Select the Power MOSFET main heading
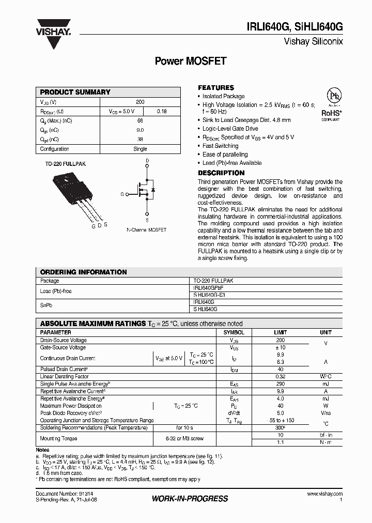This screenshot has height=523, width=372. click(x=191, y=61)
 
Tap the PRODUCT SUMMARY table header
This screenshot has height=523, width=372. click(x=75, y=92)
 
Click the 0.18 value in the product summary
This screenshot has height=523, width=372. click(x=161, y=111)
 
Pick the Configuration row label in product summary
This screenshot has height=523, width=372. click(x=55, y=149)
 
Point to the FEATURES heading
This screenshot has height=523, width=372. click(x=216, y=88)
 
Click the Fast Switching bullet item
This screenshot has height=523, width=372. click(x=220, y=146)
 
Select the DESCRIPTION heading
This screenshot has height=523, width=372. click(x=221, y=173)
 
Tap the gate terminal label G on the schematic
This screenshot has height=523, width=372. click(x=122, y=194)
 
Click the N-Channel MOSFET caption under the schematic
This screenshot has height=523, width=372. click(x=147, y=229)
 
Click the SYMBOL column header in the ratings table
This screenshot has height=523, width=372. click(x=234, y=332)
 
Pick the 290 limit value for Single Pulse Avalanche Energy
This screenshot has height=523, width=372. click(x=280, y=384)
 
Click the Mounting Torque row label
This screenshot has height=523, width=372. click(x=58, y=439)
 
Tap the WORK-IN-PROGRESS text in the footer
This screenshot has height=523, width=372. click(x=190, y=499)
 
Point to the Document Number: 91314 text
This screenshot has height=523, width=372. click(x=61, y=495)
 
